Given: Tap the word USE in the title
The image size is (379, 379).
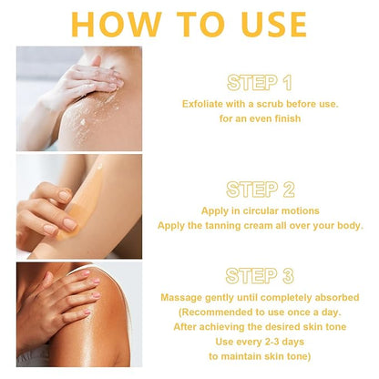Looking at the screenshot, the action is tap(274, 25).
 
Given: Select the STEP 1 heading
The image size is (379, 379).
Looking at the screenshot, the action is tap(260, 83).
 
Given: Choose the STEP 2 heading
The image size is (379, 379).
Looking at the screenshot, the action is tap(261, 189).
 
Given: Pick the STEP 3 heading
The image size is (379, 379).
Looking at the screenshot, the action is tap(260, 276).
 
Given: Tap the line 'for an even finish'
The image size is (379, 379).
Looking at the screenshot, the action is tap(260, 118).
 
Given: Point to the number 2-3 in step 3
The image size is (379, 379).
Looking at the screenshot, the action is tap(270, 342).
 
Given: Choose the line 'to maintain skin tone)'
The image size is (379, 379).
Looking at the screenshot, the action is tap(260, 356).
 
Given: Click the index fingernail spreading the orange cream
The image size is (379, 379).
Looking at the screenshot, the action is tap(70, 224).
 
